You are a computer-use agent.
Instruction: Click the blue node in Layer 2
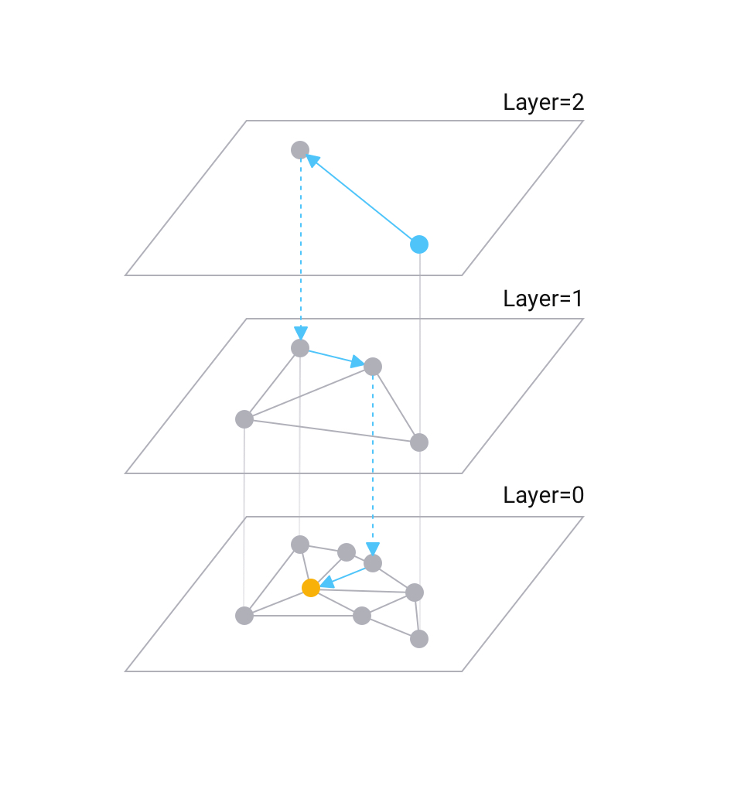click(418, 244)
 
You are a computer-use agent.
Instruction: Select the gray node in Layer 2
click(300, 150)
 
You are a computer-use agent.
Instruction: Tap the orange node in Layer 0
click(311, 588)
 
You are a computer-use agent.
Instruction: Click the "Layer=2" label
click(543, 103)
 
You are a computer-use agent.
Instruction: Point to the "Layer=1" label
click(543, 299)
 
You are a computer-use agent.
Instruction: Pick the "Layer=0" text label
click(543, 496)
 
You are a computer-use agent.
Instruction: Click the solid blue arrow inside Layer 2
click(360, 197)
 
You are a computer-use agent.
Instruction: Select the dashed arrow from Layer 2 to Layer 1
click(300, 248)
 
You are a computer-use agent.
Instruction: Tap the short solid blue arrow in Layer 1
click(334, 357)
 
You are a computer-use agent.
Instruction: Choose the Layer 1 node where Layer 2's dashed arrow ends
click(300, 348)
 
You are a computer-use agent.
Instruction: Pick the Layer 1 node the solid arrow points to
click(373, 366)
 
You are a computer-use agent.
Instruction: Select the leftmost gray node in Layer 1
click(244, 419)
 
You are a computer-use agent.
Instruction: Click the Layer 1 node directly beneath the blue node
click(418, 442)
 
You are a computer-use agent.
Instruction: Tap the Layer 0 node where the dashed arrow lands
click(373, 563)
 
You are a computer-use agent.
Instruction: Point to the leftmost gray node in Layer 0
click(244, 616)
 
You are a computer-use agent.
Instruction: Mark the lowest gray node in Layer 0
click(418, 639)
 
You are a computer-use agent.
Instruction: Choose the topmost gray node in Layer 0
click(300, 545)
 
